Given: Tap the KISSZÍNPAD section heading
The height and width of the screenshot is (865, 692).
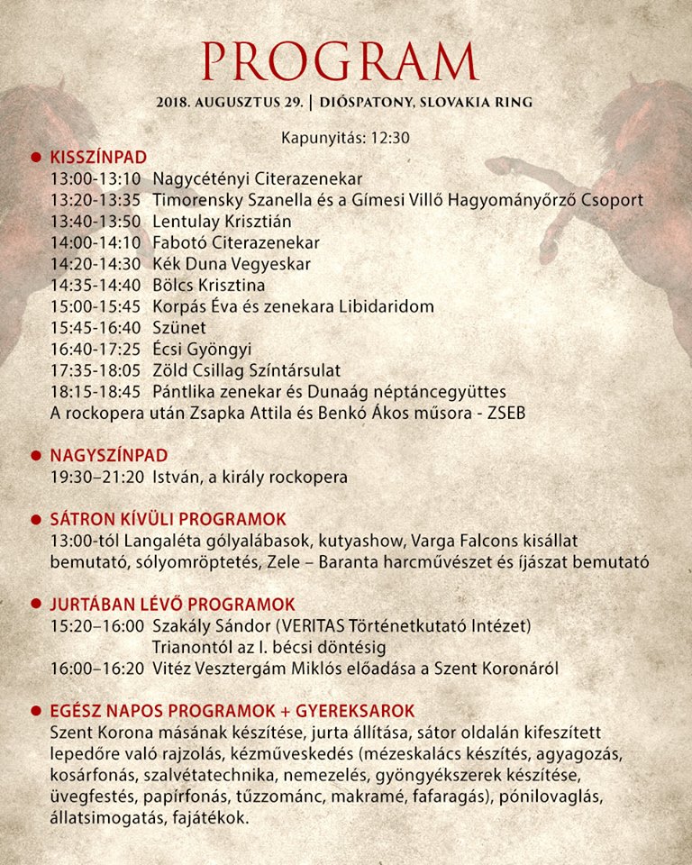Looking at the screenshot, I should [x=98, y=157].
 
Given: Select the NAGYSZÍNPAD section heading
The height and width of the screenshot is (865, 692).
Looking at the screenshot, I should [x=109, y=456].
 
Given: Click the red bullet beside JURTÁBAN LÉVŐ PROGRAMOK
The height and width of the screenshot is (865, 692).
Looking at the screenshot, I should [x=37, y=604].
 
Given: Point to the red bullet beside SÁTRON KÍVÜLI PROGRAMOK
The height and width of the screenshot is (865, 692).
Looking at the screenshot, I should [x=37, y=520].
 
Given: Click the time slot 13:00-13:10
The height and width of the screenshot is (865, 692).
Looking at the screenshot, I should [x=94, y=178].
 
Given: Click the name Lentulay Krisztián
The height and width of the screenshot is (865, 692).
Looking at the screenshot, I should [x=223, y=222].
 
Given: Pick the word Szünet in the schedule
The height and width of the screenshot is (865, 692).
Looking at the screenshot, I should [x=179, y=328].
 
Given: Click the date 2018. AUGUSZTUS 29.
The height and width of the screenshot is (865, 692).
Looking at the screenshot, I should [x=230, y=102].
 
